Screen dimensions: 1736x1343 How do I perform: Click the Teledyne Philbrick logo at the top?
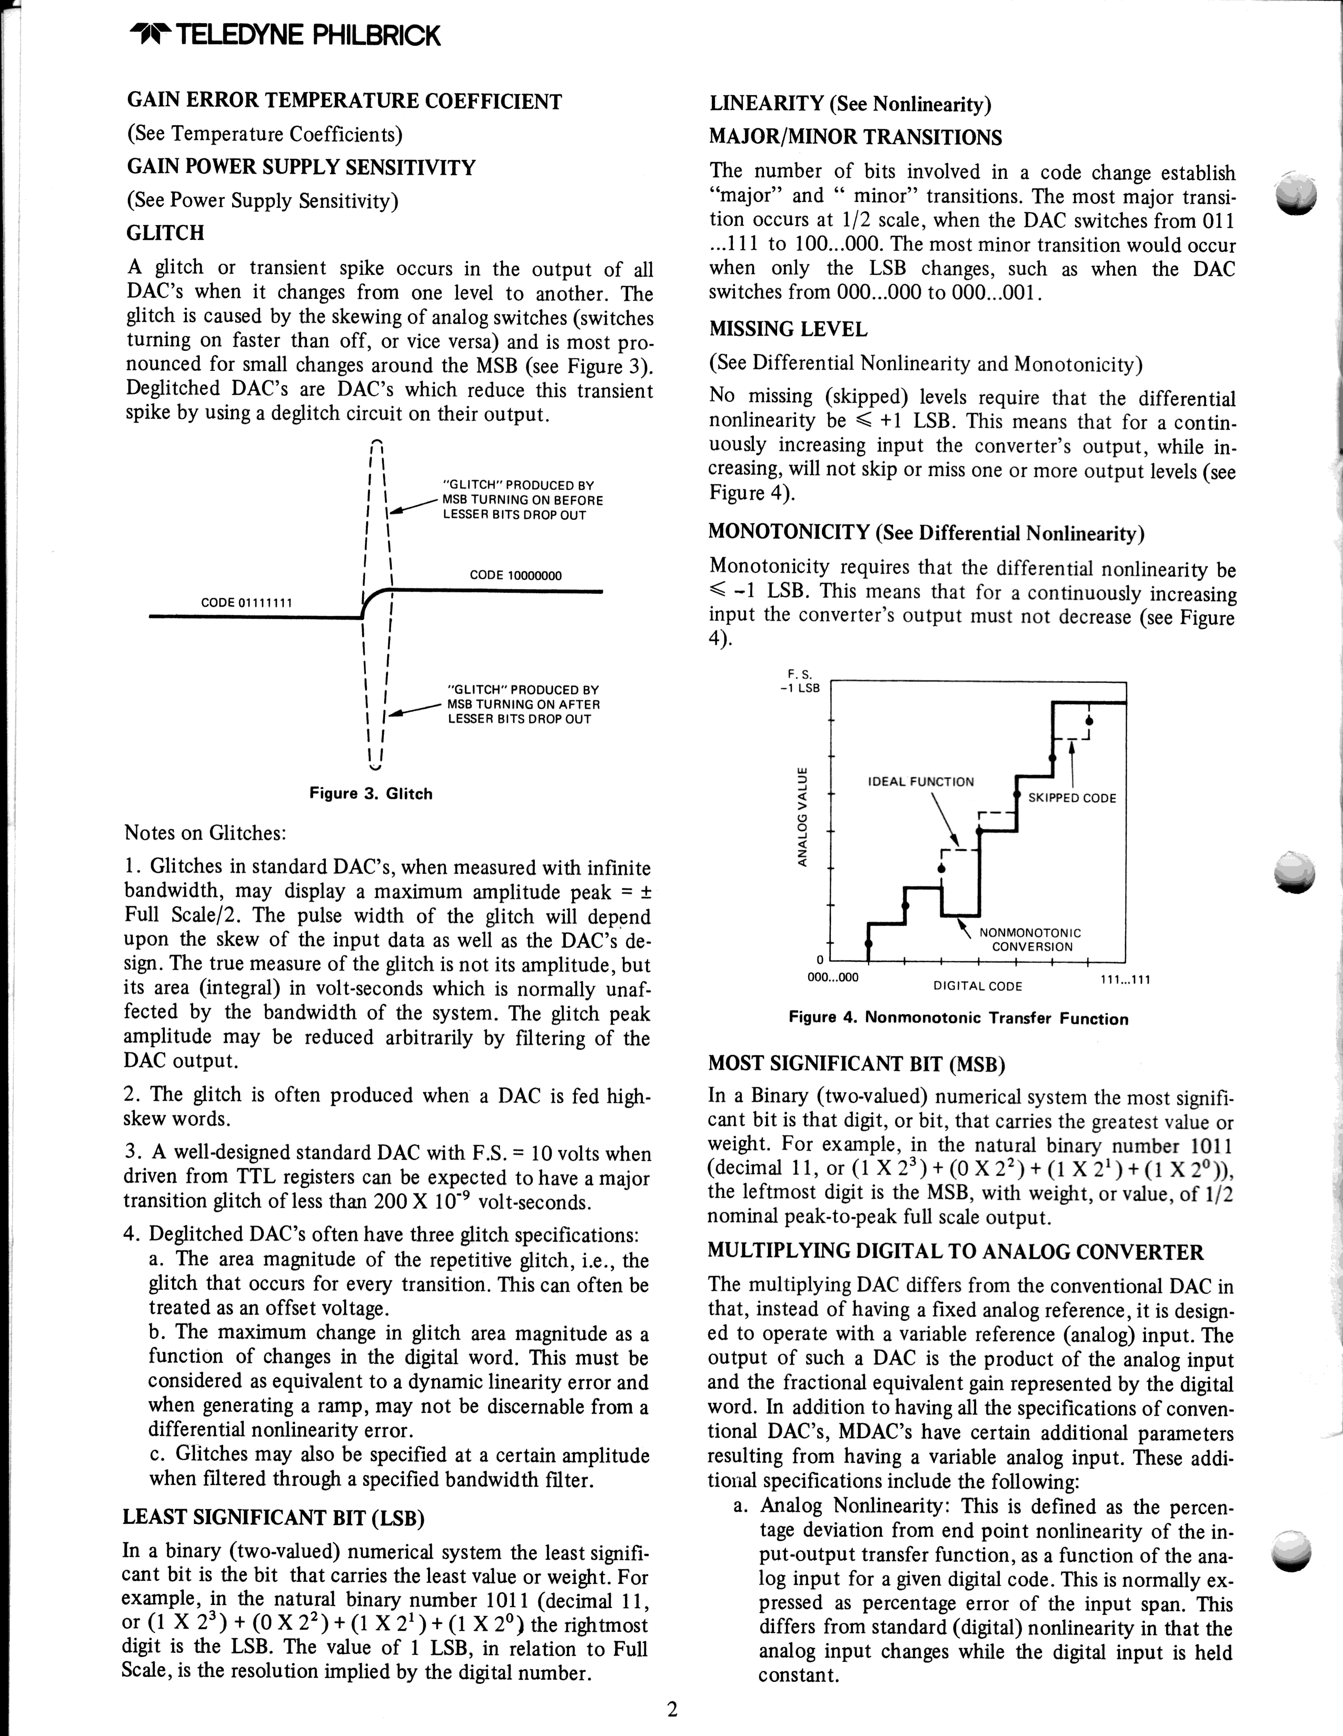click(x=284, y=36)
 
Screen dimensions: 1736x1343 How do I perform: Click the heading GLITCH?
click(x=165, y=233)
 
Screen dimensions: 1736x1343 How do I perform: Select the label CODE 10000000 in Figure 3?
click(x=515, y=576)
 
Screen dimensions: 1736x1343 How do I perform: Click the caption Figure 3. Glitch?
click(x=371, y=794)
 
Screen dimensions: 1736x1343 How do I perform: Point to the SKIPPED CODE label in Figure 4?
click(x=1072, y=798)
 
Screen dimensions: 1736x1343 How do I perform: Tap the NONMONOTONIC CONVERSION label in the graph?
click(x=1030, y=939)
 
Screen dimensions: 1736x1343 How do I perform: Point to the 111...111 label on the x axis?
click(x=1125, y=979)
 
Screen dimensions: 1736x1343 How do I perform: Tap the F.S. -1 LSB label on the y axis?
click(x=800, y=681)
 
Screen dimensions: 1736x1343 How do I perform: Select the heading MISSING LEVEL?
click(x=788, y=329)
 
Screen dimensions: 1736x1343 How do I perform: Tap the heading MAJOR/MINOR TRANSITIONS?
click(x=855, y=137)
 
